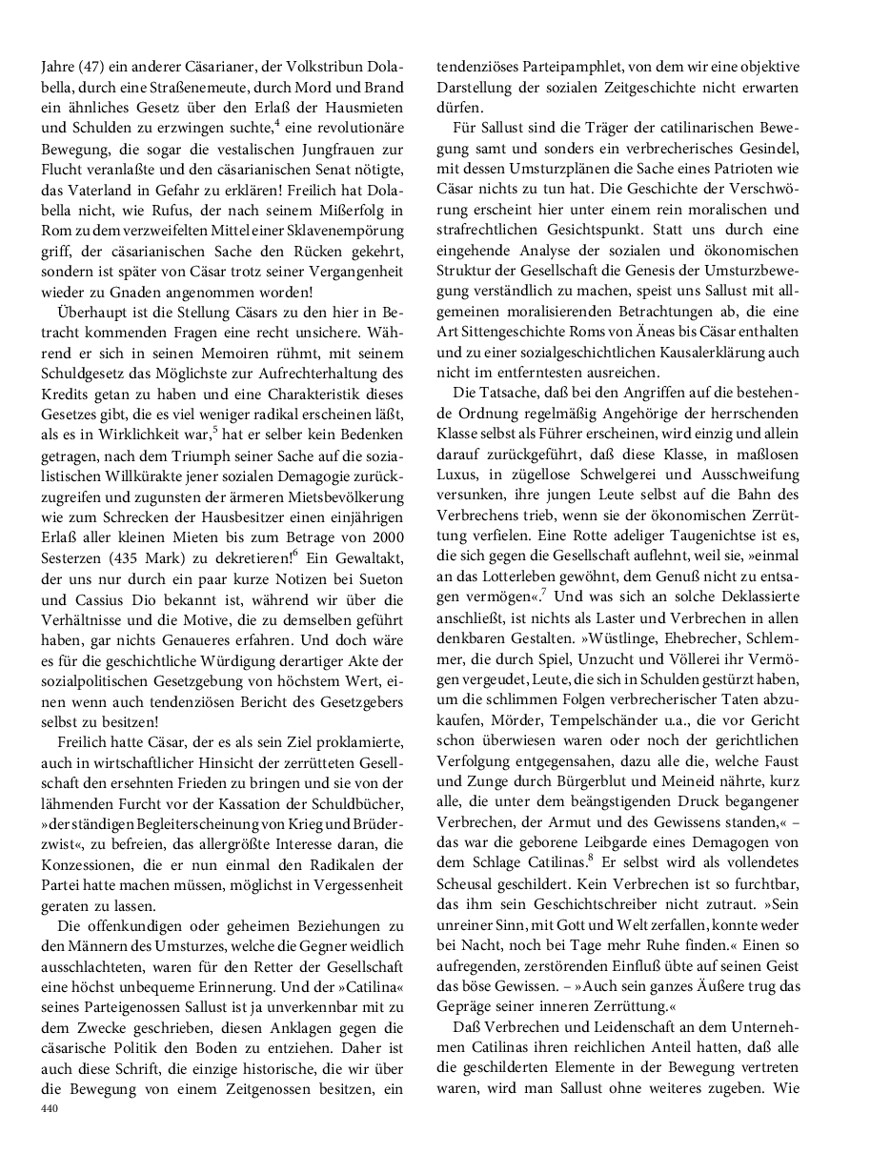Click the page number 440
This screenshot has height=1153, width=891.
51,1109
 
